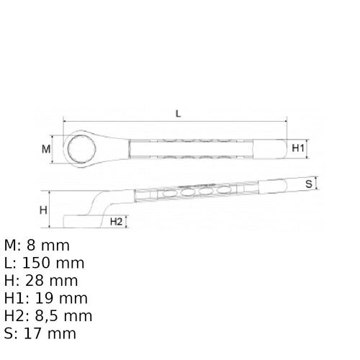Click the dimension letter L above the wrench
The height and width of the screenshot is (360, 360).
(x=177, y=114)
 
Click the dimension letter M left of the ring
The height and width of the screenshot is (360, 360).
(x=46, y=149)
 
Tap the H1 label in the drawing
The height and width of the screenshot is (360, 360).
(x=300, y=148)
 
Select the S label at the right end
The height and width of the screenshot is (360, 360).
(x=308, y=184)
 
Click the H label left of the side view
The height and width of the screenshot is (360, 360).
(x=42, y=210)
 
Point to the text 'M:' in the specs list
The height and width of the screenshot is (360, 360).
(x=13, y=246)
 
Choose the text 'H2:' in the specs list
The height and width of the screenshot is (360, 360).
(x=17, y=316)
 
